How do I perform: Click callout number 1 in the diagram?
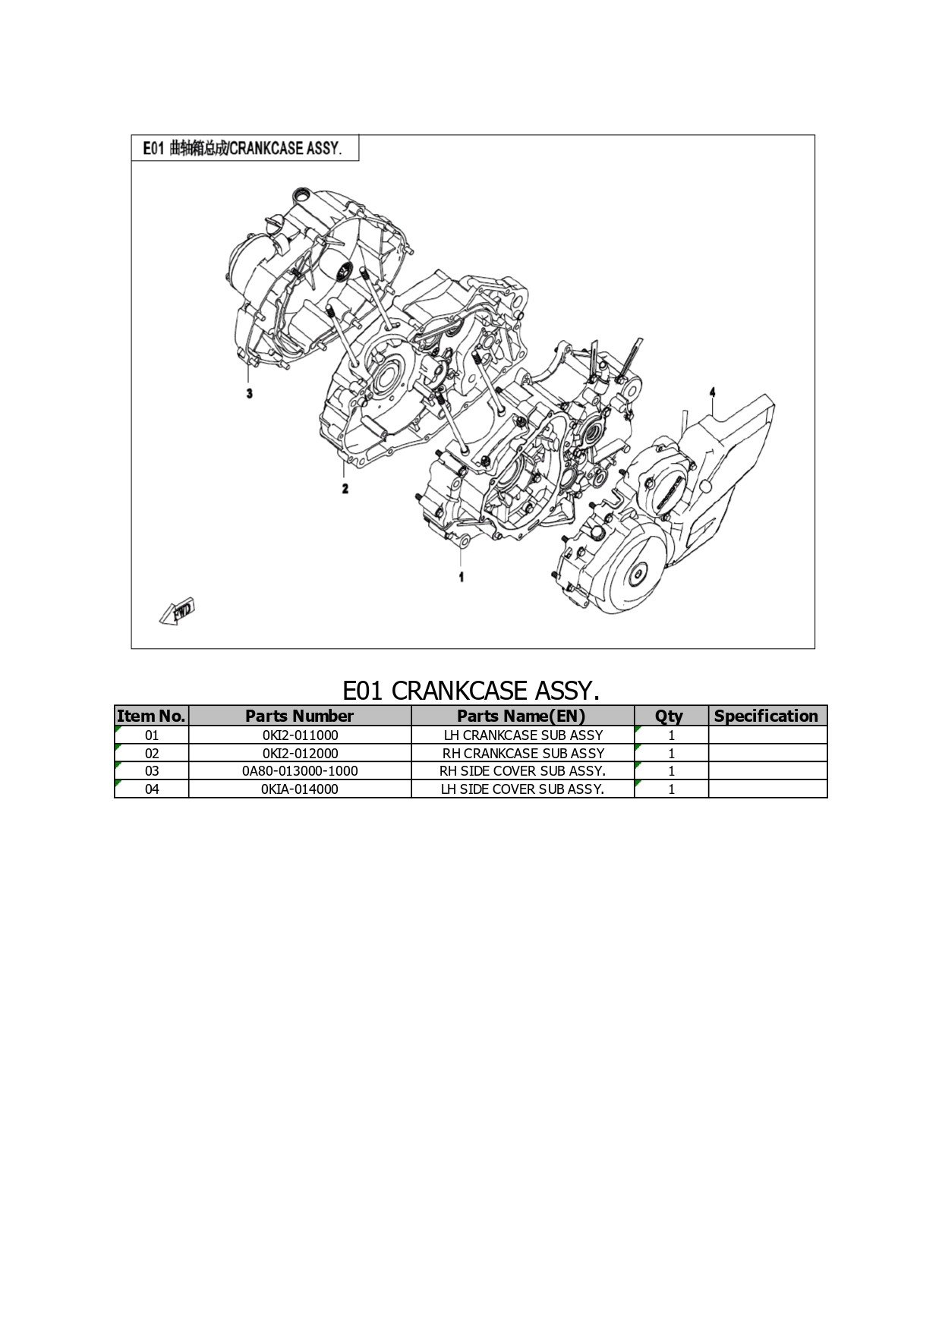click(x=462, y=577)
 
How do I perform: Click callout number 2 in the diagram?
click(x=345, y=488)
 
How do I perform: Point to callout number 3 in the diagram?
click(x=249, y=393)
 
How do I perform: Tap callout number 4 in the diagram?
click(x=712, y=392)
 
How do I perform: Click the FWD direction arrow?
click(x=178, y=611)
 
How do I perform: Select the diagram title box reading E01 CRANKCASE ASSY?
click(x=244, y=148)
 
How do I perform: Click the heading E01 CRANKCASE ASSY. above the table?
click(x=471, y=690)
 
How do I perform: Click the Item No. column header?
click(x=151, y=716)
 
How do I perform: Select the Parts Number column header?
click(x=300, y=716)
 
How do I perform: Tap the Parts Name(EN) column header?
click(x=522, y=716)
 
